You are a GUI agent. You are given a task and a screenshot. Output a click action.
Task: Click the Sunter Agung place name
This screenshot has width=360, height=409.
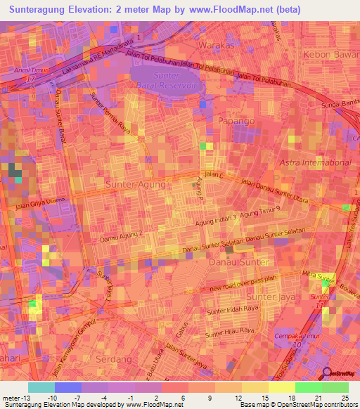[x=136, y=184]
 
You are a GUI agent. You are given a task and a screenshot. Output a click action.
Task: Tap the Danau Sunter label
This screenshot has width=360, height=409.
[x=239, y=262]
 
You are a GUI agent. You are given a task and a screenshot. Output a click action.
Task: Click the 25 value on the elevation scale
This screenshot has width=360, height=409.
[x=345, y=398]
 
